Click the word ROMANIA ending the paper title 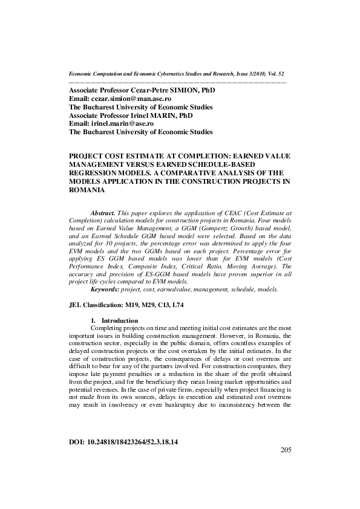[x=88, y=190]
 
